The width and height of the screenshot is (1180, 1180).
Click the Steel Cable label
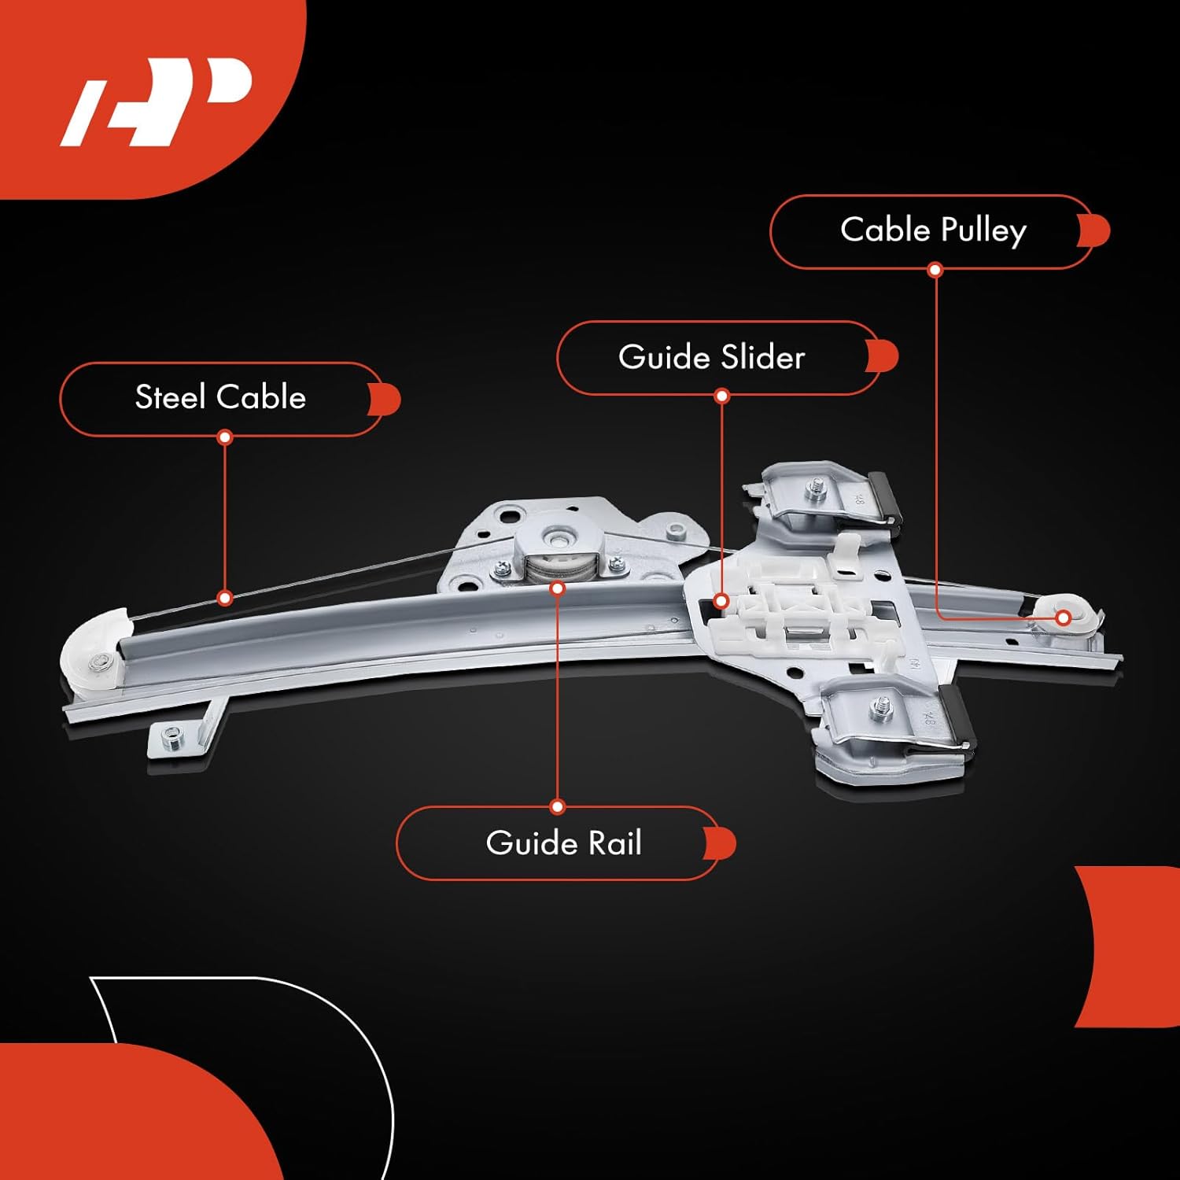coord(220,398)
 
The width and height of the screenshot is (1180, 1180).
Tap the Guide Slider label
coord(711,358)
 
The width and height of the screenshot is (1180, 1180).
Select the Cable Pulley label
coord(933,231)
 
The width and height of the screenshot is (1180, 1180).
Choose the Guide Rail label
coord(563,843)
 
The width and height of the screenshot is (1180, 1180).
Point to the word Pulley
coord(983,231)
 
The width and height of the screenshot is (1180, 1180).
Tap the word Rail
coord(615,843)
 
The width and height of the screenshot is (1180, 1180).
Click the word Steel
coord(170,398)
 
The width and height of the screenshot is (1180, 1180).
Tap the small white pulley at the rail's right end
coord(1063,618)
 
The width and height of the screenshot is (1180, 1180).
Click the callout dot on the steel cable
coord(225,598)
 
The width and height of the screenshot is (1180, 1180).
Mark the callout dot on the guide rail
coord(558,588)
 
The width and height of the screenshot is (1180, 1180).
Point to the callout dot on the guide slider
coord(721,602)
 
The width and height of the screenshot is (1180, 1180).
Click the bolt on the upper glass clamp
coord(815,492)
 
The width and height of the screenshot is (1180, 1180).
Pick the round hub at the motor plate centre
coord(559,540)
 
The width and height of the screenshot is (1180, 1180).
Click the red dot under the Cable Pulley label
coord(935,270)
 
